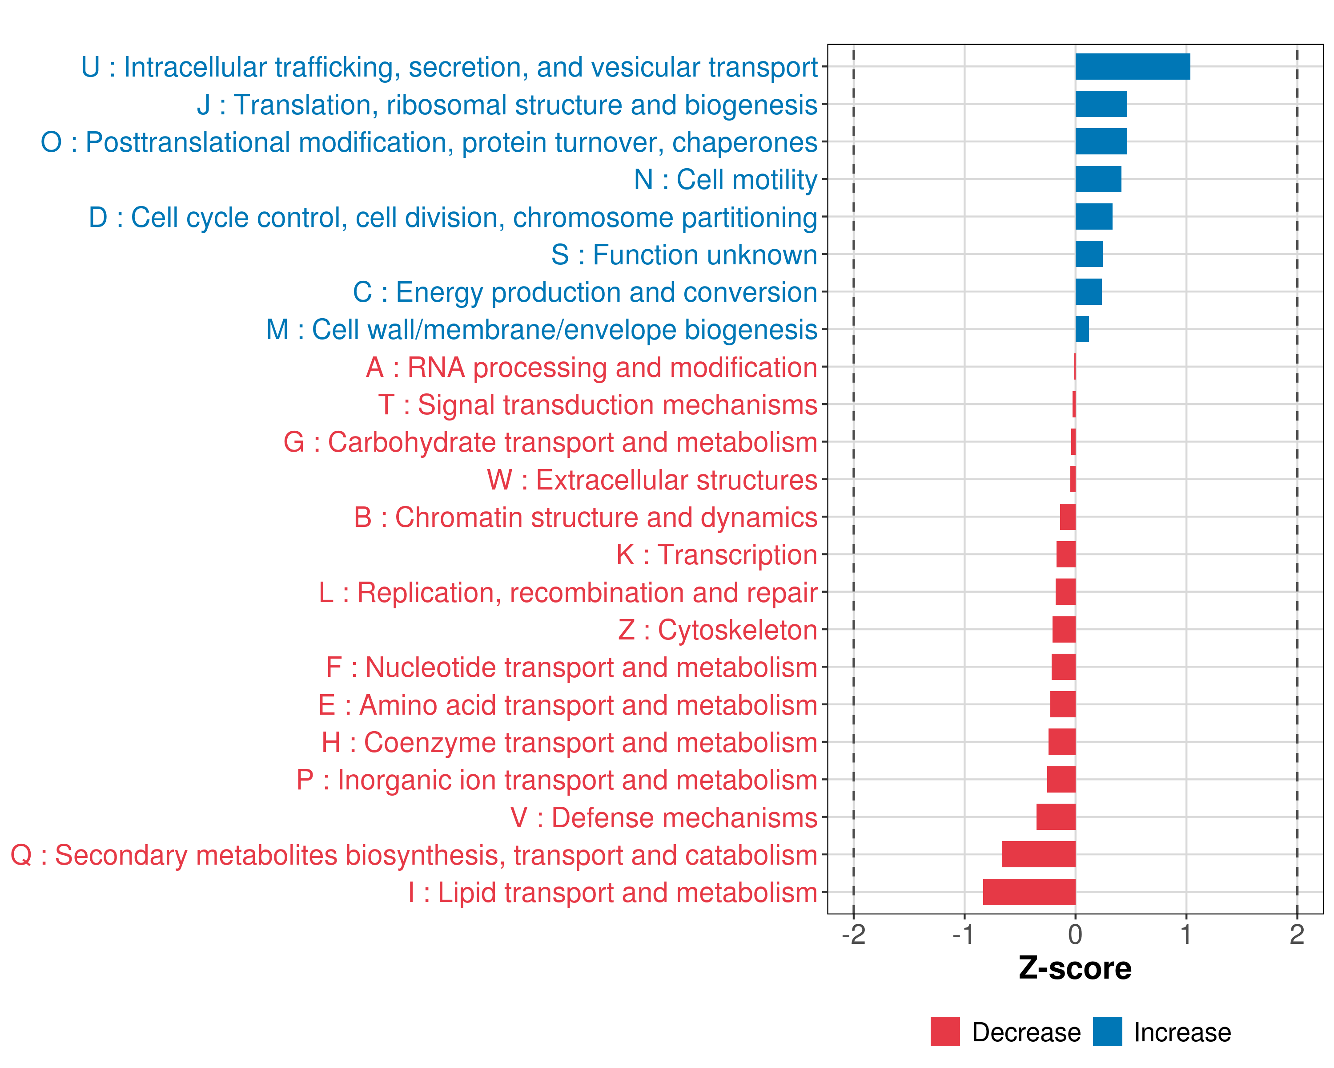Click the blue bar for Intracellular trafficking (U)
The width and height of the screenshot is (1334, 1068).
tap(1132, 67)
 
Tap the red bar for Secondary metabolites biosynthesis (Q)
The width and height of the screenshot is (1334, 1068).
tap(1039, 854)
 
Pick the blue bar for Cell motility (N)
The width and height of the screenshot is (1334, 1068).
tap(1098, 179)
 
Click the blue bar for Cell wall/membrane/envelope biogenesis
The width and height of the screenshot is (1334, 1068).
tap(1082, 329)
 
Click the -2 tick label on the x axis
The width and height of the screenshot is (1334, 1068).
tap(853, 934)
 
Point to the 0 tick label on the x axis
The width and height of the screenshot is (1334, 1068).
tap(1075, 934)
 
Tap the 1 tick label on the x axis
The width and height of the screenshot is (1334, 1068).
tap(1185, 934)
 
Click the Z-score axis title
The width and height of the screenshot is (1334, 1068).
tap(1075, 968)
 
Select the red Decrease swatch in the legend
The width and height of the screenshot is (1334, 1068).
tap(945, 1032)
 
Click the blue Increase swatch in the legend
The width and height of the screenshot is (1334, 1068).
tap(1107, 1032)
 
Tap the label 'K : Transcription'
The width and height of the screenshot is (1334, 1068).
tap(716, 555)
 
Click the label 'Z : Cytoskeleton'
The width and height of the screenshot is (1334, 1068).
tap(718, 630)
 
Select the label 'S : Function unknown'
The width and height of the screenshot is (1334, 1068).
tap(684, 255)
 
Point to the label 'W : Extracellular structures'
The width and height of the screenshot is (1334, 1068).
tap(652, 480)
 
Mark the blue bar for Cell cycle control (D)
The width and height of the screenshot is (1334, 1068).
tap(1094, 217)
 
